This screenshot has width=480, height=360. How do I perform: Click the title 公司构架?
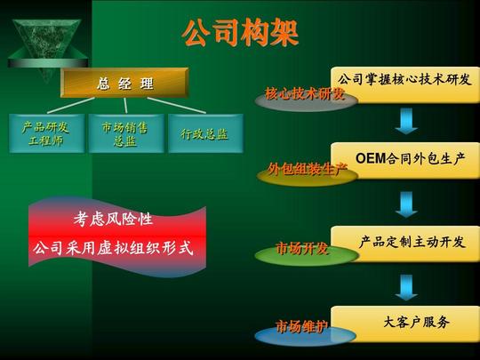tap(240, 33)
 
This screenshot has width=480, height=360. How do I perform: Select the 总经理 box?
tap(124, 83)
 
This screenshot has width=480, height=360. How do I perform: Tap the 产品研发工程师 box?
tap(47, 133)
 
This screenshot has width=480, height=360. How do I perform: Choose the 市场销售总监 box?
tap(126, 133)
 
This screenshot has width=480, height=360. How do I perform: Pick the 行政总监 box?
tap(205, 133)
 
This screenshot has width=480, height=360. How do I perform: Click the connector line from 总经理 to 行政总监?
tap(177, 105)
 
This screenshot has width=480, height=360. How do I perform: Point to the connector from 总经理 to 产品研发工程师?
tap(71, 105)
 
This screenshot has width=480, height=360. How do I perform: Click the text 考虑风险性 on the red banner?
tap(113, 219)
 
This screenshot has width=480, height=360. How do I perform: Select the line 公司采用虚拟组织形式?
tap(113, 247)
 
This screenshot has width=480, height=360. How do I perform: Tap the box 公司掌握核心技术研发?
tap(405, 84)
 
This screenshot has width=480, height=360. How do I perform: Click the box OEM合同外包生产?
tap(405, 160)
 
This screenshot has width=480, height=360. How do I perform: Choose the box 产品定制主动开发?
tap(405, 244)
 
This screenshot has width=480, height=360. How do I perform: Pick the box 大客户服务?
tap(405, 324)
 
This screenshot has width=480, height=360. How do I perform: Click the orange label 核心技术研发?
tap(305, 93)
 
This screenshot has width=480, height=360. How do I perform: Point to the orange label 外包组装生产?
tap(308, 169)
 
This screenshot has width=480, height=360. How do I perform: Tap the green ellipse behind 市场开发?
tap(307, 255)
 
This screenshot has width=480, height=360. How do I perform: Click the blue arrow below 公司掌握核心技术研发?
tap(406, 121)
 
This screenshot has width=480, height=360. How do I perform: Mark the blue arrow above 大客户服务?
tap(406, 287)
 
